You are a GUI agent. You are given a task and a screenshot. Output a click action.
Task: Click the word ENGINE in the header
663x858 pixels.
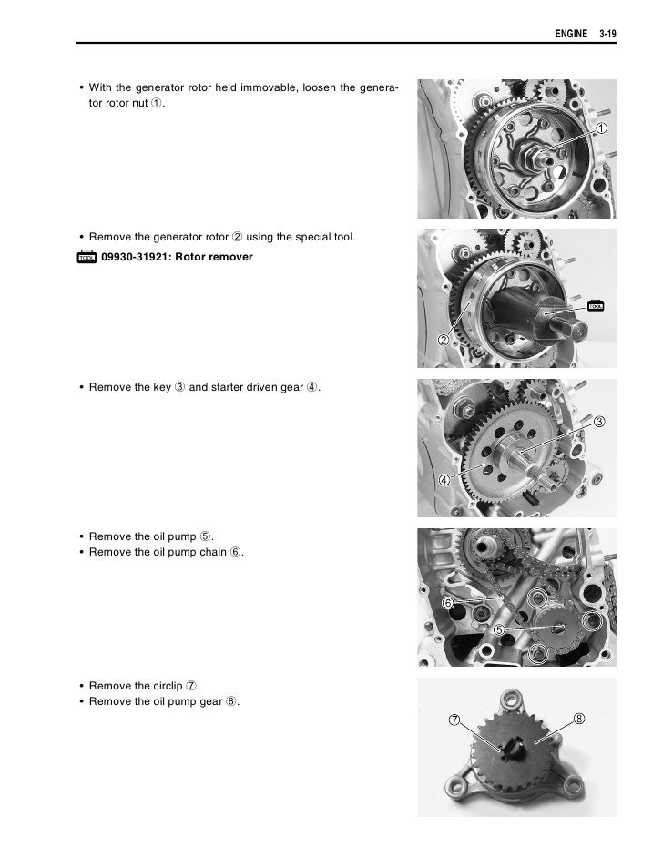point(573,35)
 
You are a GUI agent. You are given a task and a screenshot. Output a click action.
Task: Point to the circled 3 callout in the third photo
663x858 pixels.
point(599,421)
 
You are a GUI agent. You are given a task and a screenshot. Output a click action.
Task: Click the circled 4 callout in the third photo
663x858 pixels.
point(444,480)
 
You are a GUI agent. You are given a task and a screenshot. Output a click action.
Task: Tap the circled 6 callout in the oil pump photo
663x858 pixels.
point(448,603)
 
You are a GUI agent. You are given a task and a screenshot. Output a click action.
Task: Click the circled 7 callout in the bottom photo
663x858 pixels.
point(454,720)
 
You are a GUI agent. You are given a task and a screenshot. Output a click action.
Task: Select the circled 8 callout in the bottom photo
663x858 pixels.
point(579,719)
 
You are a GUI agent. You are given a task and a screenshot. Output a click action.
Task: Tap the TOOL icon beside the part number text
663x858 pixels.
point(87,257)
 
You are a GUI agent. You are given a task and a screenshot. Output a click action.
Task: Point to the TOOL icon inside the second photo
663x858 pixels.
point(596,305)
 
